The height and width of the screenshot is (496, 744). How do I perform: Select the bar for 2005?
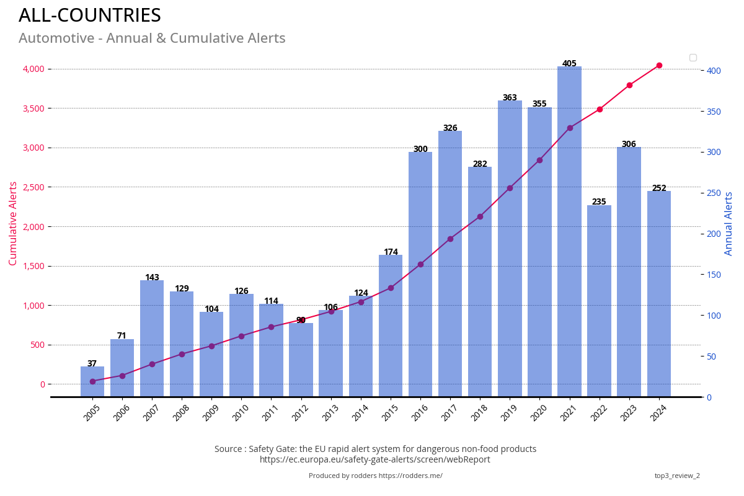coord(92,381)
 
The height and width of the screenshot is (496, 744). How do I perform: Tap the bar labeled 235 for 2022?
coord(599,301)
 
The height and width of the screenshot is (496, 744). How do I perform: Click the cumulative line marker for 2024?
coord(659,65)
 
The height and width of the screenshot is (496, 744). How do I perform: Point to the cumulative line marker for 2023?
coord(629,85)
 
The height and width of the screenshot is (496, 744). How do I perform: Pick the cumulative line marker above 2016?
coord(420,264)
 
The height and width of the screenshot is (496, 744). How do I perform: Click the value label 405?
coord(569,64)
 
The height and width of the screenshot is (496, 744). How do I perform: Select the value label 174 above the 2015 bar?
coord(391,252)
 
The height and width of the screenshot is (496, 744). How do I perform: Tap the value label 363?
coord(510,98)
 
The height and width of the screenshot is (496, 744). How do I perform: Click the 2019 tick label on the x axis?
coord(508,413)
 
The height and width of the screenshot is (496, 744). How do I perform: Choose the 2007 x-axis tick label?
coord(151,413)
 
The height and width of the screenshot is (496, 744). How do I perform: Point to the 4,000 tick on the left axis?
coord(34,69)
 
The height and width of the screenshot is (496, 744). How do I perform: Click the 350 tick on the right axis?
coord(714,112)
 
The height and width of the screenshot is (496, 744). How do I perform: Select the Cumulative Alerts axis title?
coord(13,223)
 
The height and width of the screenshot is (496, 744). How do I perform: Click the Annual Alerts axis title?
coord(729,223)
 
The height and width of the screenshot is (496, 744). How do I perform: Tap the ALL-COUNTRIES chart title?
coord(90,15)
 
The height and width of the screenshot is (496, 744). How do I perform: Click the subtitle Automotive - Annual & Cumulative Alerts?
coord(152,38)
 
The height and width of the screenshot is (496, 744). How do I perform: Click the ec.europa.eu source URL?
coord(375,459)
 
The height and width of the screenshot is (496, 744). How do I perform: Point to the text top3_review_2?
coord(677,476)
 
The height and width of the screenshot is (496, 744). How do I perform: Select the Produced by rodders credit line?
coord(376,476)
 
